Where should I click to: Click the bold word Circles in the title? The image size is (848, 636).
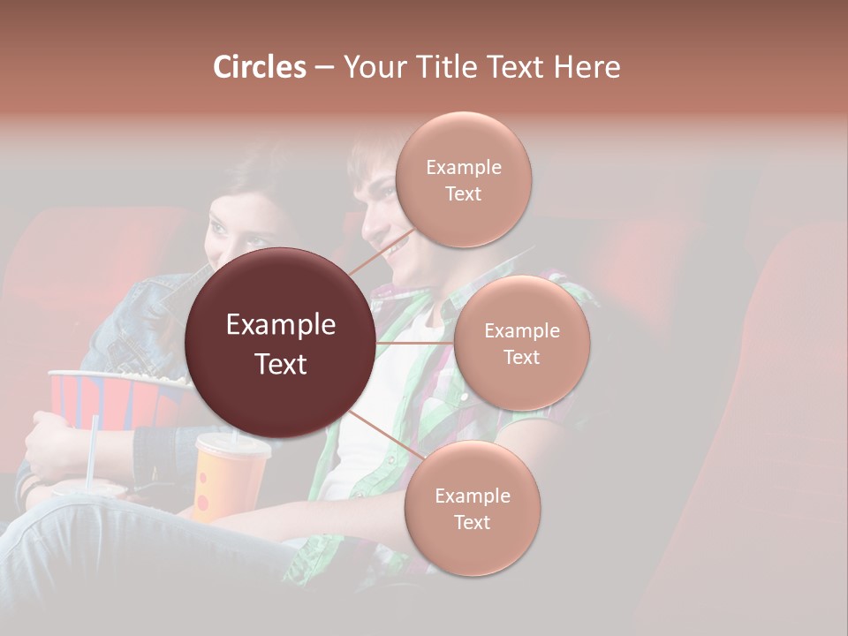coord(260,67)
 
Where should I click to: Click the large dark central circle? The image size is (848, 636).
coord(281,343)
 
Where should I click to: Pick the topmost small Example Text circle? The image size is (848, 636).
coord(463,180)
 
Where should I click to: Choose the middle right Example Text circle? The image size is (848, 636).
coord(521,343)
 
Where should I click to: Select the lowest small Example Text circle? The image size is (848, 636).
coord(472,509)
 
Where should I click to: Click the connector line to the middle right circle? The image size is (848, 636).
coord(415,343)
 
